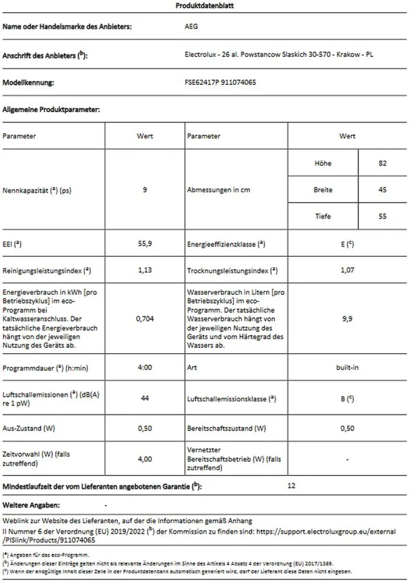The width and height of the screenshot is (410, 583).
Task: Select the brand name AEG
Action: tap(192, 27)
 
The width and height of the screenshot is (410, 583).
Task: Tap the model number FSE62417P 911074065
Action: tap(220, 83)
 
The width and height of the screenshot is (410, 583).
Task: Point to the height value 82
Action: tap(382, 163)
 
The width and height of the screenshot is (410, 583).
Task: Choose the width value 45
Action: tap(382, 190)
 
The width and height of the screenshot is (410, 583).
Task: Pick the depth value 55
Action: tap(382, 216)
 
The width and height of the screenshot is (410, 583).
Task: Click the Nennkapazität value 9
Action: tap(145, 190)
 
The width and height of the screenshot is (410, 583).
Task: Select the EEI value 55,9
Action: tap(145, 244)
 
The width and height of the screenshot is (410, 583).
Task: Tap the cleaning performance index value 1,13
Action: tap(145, 270)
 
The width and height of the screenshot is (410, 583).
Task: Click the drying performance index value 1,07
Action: tap(347, 270)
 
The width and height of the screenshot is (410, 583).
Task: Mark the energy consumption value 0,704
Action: tap(145, 319)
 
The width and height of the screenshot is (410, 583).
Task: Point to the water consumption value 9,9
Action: tap(347, 319)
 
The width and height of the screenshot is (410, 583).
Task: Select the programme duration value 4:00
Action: tap(145, 368)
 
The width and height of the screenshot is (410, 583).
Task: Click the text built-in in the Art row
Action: tap(347, 368)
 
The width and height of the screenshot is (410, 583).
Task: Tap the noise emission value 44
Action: tap(145, 399)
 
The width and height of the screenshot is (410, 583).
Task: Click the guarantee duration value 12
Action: tap(292, 486)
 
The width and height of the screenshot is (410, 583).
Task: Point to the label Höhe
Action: tap(322, 163)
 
